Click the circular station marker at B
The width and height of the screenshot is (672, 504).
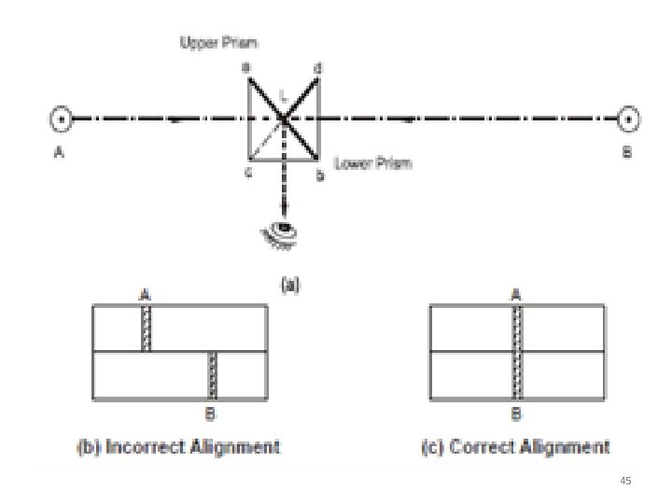click(630, 119)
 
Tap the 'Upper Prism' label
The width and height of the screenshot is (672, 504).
click(219, 43)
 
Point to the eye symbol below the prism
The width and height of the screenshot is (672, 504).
click(281, 230)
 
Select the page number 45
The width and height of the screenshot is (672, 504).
click(626, 480)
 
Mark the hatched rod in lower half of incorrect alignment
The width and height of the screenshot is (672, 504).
click(212, 375)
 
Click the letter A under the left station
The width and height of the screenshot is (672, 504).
click(59, 155)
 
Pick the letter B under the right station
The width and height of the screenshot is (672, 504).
click(627, 153)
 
